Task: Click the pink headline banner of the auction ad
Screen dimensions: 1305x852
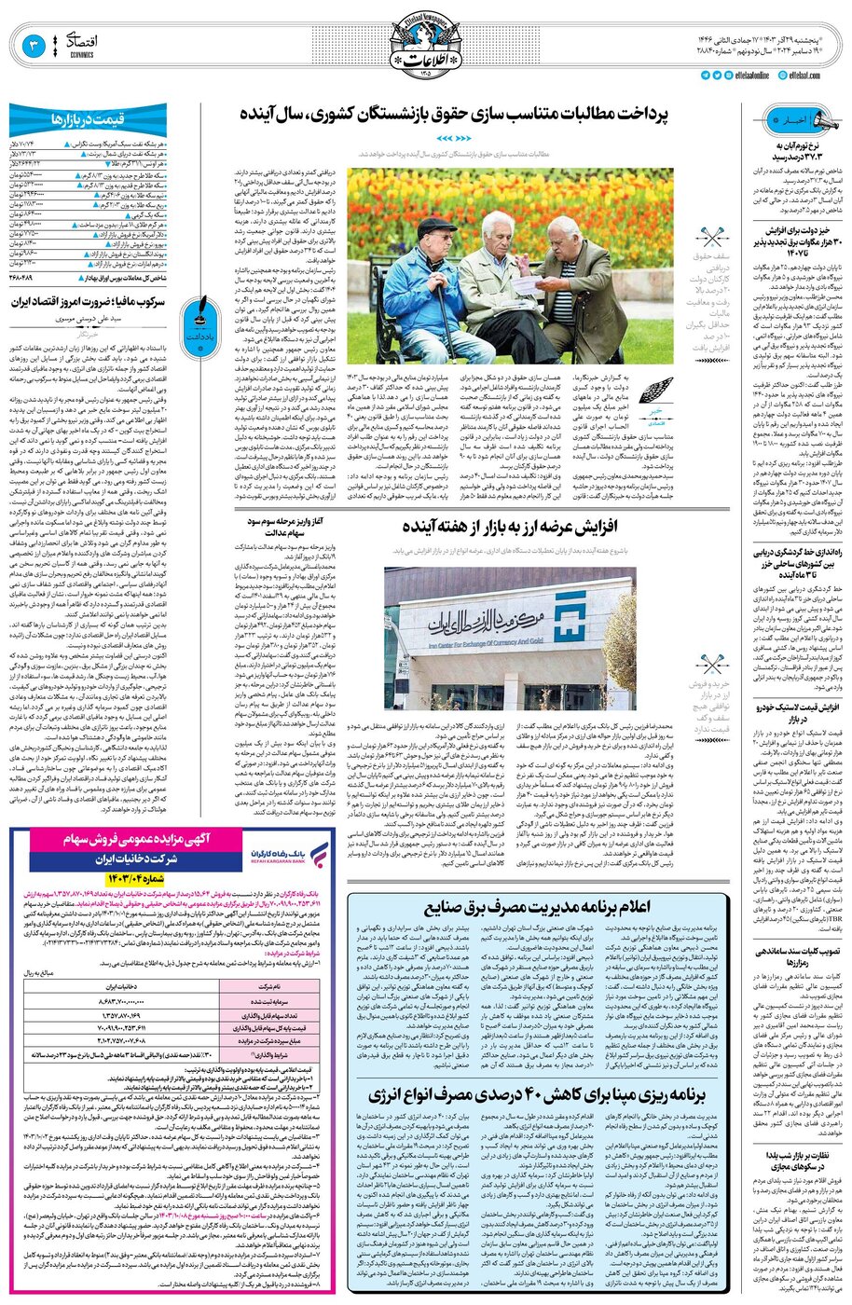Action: (139, 840)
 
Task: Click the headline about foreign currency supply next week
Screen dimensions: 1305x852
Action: (509, 527)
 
